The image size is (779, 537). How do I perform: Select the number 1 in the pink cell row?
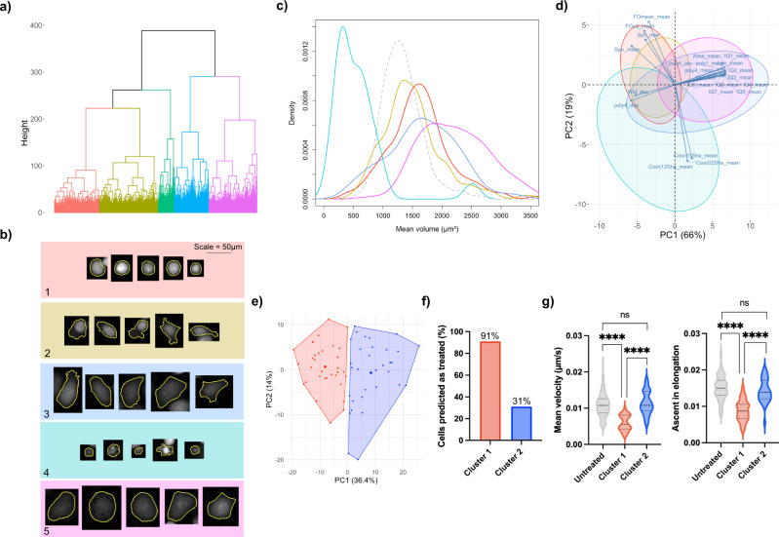(x=50, y=289)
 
